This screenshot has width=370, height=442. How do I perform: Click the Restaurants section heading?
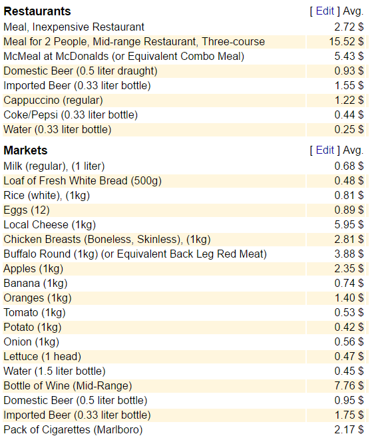tap(37, 11)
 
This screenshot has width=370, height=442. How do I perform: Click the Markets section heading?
tap(25, 150)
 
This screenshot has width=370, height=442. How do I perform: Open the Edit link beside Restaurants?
tap(325, 11)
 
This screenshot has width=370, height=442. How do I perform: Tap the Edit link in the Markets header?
tap(325, 150)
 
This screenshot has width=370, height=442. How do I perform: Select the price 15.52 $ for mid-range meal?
tap(346, 42)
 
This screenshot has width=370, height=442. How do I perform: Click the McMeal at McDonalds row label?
tap(124, 57)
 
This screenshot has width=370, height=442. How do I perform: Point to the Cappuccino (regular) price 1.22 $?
tap(349, 101)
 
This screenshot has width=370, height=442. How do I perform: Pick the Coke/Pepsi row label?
tap(71, 115)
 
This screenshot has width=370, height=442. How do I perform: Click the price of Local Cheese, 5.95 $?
tap(349, 225)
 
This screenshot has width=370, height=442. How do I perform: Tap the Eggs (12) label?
tap(27, 210)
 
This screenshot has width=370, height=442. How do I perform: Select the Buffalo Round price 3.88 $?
tap(349, 254)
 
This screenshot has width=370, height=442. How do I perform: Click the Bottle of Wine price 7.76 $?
tap(349, 385)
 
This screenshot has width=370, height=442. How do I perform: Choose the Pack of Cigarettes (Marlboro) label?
tap(73, 430)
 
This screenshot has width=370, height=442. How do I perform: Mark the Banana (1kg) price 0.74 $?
tap(349, 284)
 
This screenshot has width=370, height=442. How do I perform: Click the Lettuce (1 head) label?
tap(43, 357)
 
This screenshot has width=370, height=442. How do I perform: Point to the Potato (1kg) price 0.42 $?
tap(349, 328)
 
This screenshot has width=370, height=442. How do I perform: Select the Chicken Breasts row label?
tap(107, 240)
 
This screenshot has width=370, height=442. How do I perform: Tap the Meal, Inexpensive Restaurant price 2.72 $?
tap(349, 27)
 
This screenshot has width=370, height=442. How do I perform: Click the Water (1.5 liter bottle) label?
tap(55, 371)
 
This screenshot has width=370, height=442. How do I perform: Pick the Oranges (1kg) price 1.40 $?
tap(349, 298)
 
